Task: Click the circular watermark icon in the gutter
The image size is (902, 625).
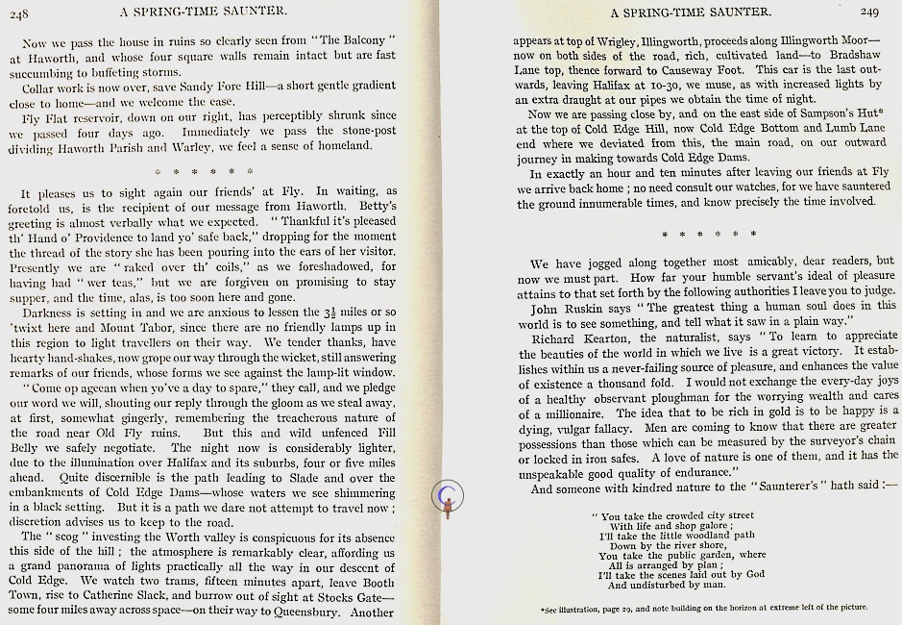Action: tap(449, 494)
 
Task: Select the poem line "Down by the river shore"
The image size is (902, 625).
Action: tap(670, 546)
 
